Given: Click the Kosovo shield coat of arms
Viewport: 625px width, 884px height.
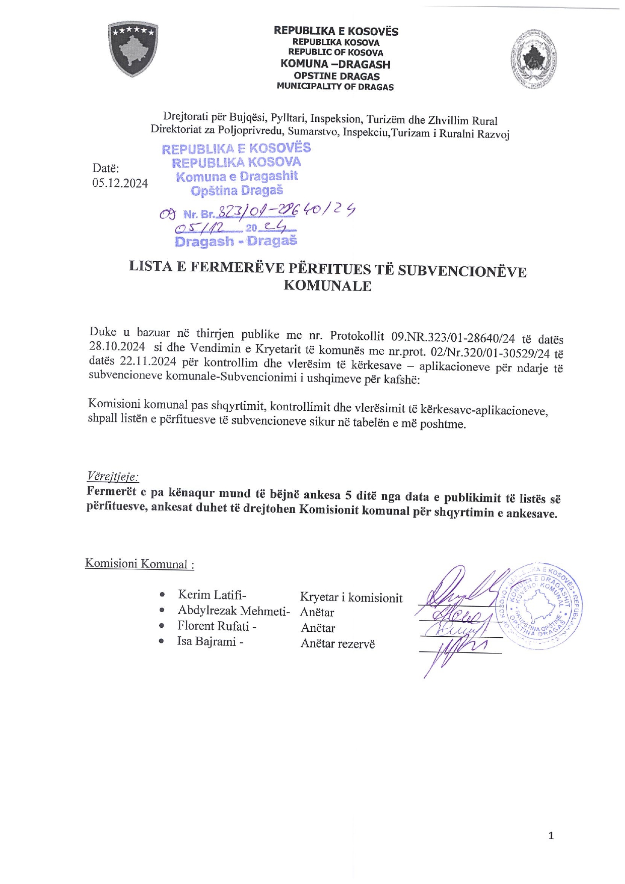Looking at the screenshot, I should [133, 49].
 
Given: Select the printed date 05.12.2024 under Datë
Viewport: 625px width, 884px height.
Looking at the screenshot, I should [120, 183].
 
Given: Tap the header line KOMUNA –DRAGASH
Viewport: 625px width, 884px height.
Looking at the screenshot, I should [335, 64].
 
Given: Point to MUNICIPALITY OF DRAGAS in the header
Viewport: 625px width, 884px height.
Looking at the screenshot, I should [335, 87].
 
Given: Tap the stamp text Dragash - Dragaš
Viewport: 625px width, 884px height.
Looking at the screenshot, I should [236, 241].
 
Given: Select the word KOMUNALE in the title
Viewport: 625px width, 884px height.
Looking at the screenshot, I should [327, 286].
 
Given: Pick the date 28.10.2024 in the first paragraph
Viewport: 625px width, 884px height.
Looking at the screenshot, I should [117, 346].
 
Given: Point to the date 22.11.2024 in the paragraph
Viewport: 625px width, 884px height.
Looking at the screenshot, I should [148, 361].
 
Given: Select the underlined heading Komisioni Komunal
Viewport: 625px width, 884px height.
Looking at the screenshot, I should [140, 563].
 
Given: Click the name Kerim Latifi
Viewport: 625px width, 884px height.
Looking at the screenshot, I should [212, 595].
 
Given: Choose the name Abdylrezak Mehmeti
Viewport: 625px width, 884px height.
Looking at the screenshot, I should [234, 611].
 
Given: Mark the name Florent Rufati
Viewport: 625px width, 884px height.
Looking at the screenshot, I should [216, 626].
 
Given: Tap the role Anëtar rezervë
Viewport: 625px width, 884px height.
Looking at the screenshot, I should [337, 643].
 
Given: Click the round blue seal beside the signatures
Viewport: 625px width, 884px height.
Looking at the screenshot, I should [543, 606].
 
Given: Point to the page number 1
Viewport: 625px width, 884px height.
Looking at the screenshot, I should [551, 836].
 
